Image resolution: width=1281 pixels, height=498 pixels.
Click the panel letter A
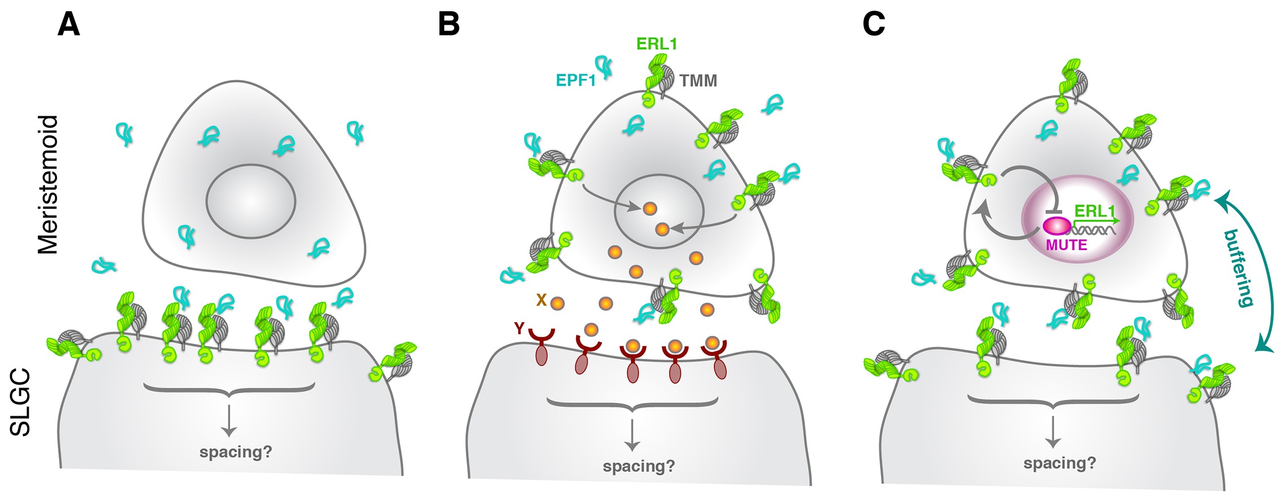[x=69, y=25]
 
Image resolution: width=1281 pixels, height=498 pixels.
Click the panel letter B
[x=449, y=25]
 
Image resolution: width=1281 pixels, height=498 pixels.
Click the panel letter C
[x=874, y=25]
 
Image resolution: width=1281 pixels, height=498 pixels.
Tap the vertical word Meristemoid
[x=48, y=185]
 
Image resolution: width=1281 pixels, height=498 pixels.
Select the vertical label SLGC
[x=21, y=402]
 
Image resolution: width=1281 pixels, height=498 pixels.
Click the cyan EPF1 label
[x=575, y=81]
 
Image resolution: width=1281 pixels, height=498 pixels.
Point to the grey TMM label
[x=698, y=81]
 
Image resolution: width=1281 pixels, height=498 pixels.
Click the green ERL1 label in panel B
[x=656, y=44]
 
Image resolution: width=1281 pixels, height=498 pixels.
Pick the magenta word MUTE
[x=1066, y=245]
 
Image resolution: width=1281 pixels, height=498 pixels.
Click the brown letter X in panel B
[x=541, y=300]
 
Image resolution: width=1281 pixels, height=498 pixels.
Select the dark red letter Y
[x=519, y=328]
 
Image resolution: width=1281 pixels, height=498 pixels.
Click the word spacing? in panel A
[x=235, y=452]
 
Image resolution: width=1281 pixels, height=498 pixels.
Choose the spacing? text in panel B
[x=638, y=466]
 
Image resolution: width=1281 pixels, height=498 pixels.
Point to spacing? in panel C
[x=1060, y=463]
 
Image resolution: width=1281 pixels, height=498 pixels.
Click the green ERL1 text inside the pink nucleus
[x=1095, y=212]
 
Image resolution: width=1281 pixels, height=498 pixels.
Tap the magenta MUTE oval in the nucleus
[x=1057, y=226]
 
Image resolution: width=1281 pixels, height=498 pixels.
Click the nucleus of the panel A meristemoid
[x=251, y=201]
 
